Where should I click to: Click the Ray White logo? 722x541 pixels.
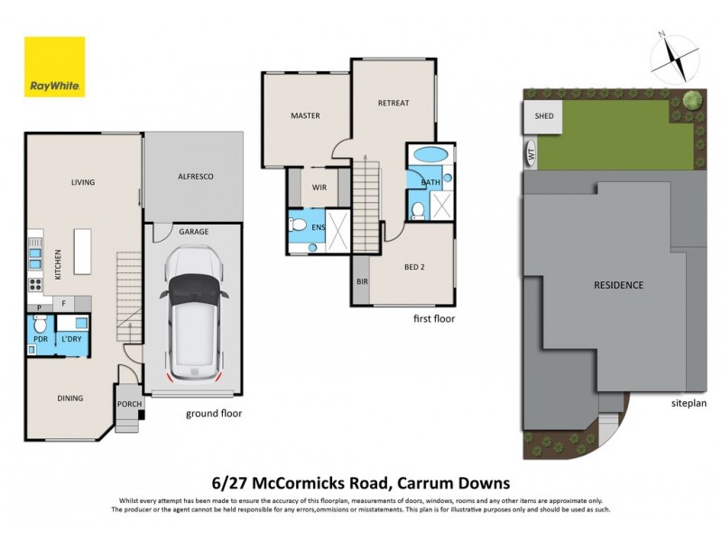point(54,67)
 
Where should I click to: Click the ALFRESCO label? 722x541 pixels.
point(194,178)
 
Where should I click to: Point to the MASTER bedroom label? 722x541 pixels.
point(305,116)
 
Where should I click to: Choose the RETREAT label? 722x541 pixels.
point(393,103)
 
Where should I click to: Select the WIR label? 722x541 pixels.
point(318,188)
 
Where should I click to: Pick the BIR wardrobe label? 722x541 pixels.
point(361,282)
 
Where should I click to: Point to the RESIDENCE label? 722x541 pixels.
point(618,286)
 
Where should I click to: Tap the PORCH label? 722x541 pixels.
point(129,404)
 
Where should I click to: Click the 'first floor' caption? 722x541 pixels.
point(434,318)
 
